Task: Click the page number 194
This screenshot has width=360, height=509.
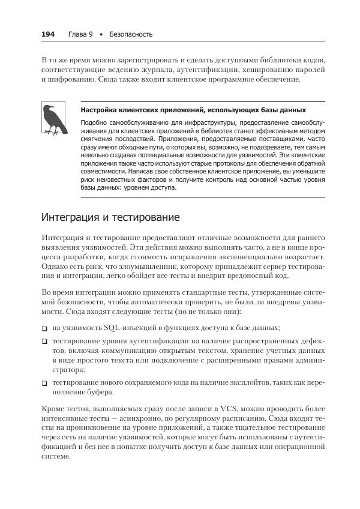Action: (48, 34)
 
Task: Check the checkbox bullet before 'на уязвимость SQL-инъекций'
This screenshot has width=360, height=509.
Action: (44, 328)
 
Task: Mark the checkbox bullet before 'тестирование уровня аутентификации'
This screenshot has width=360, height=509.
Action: (44, 340)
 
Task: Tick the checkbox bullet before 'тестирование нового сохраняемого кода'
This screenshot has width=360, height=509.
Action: (44, 382)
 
